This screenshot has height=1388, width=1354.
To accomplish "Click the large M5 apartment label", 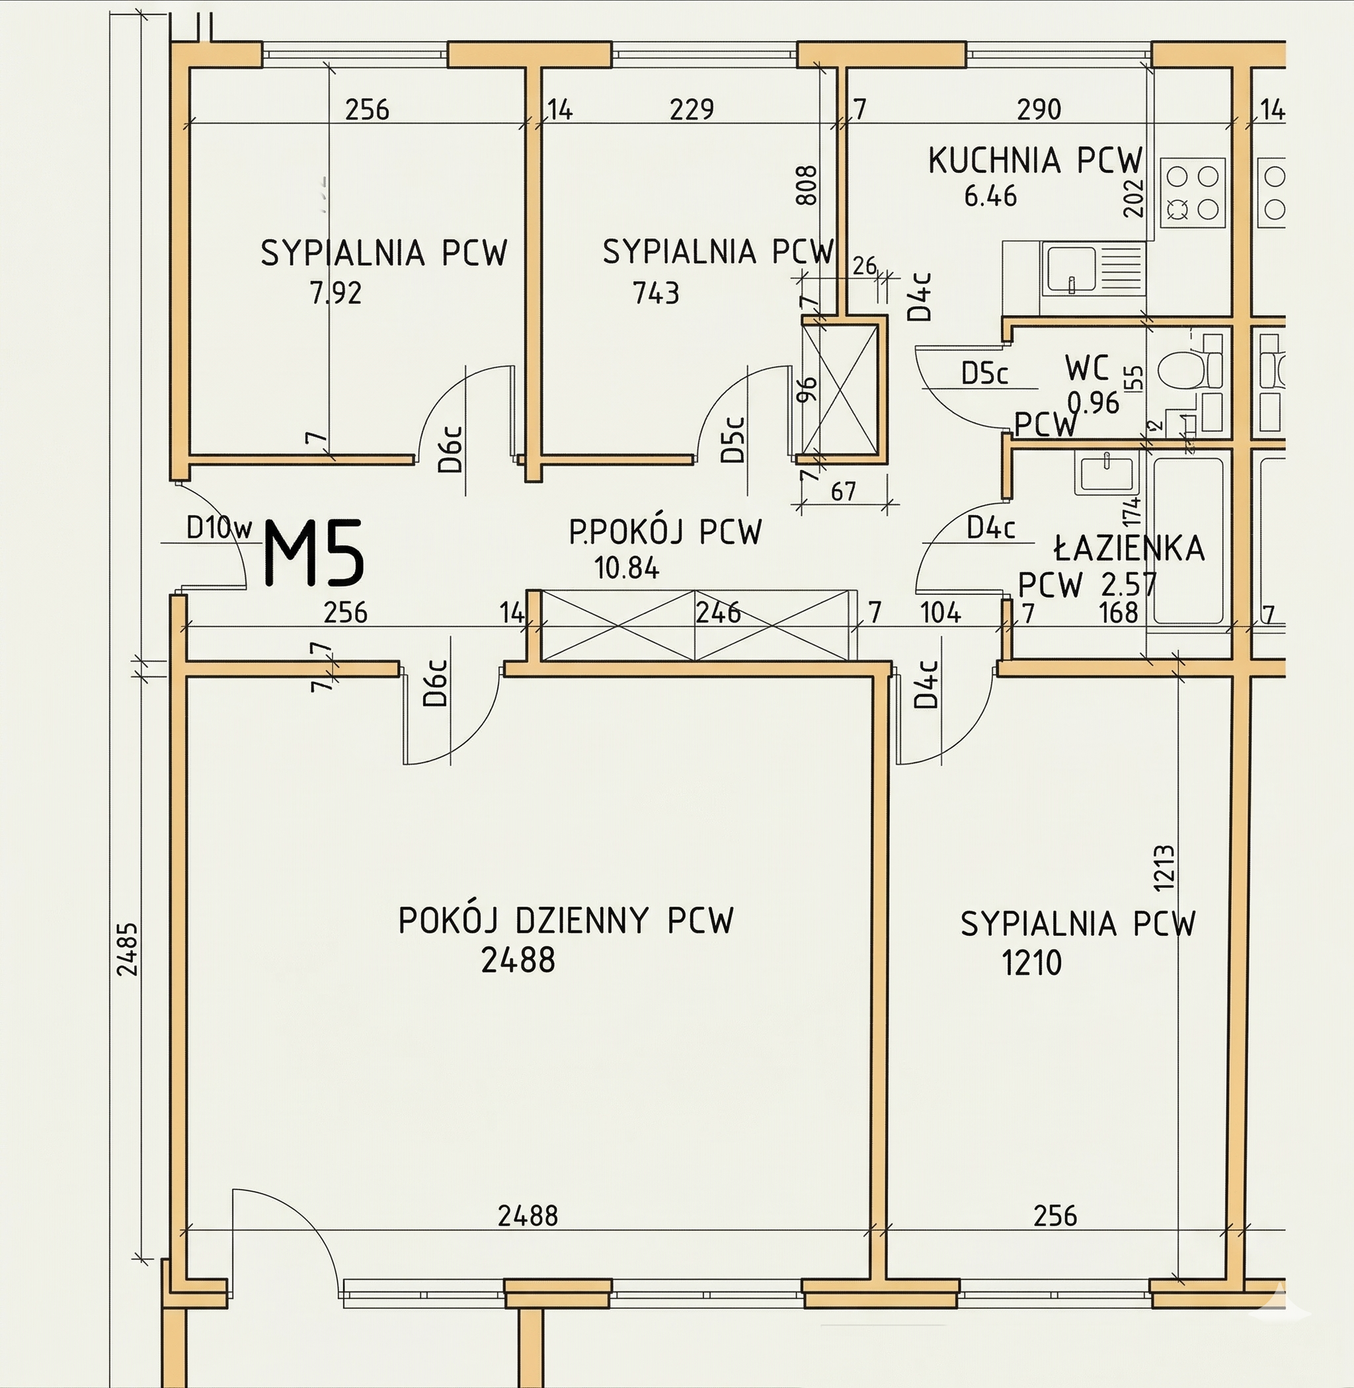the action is [x=314, y=553].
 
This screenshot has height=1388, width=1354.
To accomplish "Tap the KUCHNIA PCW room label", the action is [x=1035, y=161].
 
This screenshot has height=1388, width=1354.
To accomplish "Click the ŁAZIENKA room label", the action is [x=1129, y=548].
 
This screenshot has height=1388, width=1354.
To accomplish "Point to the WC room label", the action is [x=1088, y=368].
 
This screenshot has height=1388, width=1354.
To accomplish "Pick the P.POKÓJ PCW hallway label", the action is [x=665, y=532].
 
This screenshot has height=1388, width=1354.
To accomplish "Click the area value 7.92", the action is [x=336, y=292].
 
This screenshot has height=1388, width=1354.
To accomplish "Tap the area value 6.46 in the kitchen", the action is [x=990, y=196].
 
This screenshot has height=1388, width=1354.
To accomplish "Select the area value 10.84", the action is [x=627, y=568].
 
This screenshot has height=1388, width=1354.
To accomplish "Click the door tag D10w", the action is [x=219, y=527].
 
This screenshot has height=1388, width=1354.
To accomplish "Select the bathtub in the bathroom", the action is [x=1187, y=540].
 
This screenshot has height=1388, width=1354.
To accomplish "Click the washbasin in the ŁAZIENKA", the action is [x=1107, y=475].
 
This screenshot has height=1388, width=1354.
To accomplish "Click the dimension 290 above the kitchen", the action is [x=1039, y=110].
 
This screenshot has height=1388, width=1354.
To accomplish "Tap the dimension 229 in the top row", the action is [x=692, y=110].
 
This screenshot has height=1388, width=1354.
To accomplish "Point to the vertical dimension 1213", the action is [x=1164, y=867].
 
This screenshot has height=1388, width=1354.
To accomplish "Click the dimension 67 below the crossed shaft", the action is [x=844, y=490].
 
